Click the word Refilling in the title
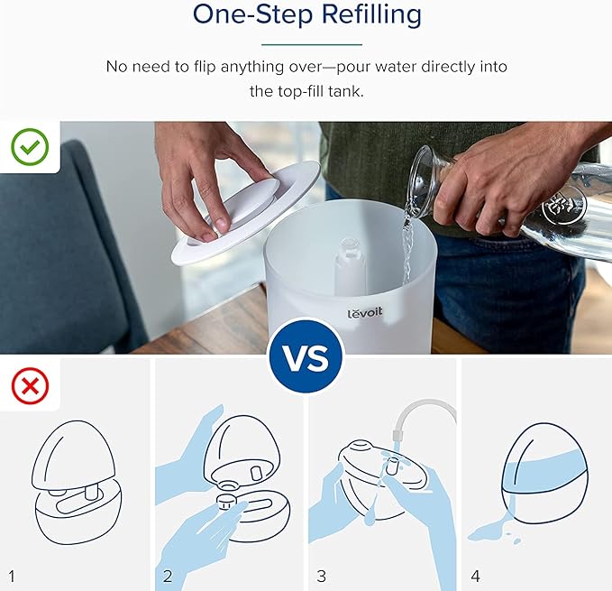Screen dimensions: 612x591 coord(371,14)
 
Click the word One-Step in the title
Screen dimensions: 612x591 coord(253,14)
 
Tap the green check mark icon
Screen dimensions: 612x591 coord(30,146)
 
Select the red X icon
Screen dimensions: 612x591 coord(30,386)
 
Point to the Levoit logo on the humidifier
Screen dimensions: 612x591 coord(365,312)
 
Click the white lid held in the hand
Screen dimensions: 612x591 coord(247,212)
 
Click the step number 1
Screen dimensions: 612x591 coord(12,577)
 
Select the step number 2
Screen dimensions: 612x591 coord(168,577)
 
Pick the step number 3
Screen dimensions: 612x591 coord(321,577)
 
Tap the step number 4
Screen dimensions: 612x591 coord(475,577)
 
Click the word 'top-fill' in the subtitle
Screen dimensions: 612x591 coord(300,91)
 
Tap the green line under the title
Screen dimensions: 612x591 coord(312,44)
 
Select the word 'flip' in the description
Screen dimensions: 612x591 coord(205,67)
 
